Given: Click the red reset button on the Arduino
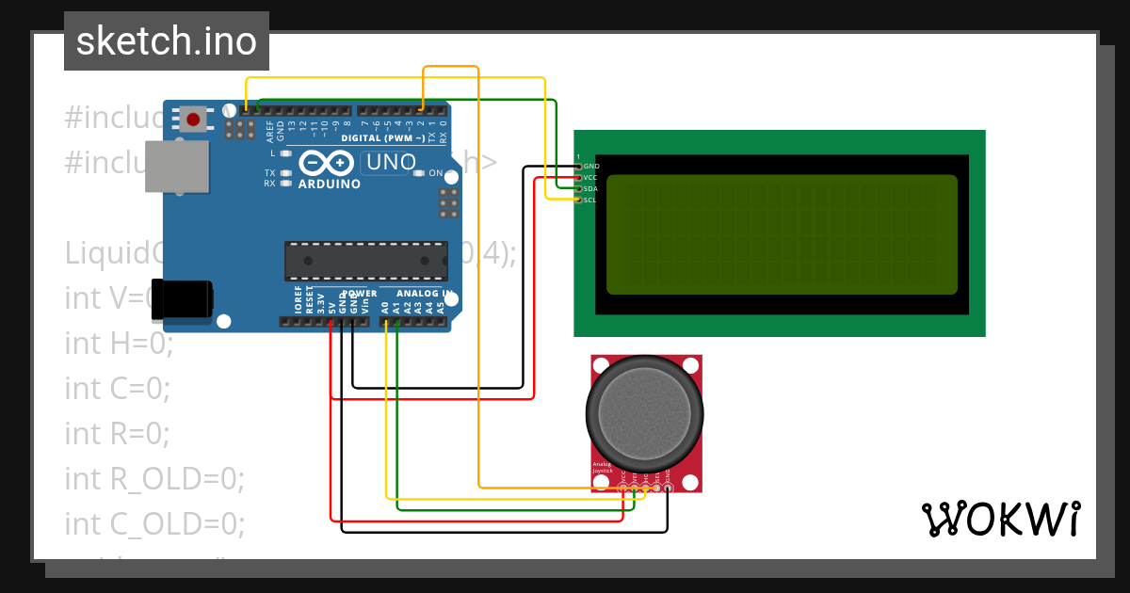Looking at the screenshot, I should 194,120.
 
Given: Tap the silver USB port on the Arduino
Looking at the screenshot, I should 176,167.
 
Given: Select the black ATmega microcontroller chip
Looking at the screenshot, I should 366,261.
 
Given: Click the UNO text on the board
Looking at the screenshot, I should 391,162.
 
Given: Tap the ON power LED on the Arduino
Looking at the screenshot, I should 420,173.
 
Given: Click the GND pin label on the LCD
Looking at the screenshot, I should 591,166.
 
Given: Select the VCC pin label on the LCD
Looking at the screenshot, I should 590,177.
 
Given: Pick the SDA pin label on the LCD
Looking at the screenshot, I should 590,188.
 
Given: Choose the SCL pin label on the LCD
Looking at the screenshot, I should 589,200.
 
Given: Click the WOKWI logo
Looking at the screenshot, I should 1000,520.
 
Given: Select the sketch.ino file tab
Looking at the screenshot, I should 167,41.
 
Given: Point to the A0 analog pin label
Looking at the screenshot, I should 385,306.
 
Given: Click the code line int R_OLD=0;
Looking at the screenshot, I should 154,478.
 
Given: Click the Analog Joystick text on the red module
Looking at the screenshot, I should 603,468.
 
